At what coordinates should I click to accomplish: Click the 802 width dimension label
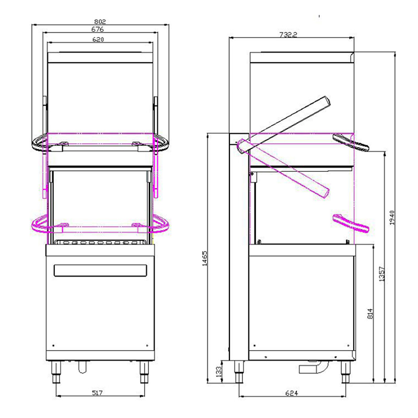(x=100, y=21)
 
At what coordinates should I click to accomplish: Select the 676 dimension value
(x=98, y=29)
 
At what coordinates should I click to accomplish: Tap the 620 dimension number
(x=98, y=40)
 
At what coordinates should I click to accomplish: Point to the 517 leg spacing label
(x=97, y=393)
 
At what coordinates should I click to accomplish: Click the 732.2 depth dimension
(x=288, y=34)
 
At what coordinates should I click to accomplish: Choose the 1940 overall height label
(x=391, y=218)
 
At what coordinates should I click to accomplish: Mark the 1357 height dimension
(x=381, y=274)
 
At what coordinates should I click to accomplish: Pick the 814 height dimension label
(x=370, y=314)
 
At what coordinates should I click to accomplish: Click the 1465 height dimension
(x=204, y=258)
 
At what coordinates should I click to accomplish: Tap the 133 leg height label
(x=218, y=371)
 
